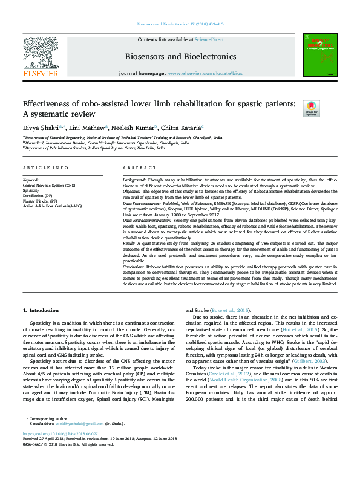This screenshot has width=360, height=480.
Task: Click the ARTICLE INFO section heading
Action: pos(45,167)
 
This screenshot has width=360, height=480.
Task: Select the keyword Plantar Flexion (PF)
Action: pos(39,200)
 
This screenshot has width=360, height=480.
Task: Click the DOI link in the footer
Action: pos(60,450)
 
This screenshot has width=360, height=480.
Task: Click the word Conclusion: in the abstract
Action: pos(136,265)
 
